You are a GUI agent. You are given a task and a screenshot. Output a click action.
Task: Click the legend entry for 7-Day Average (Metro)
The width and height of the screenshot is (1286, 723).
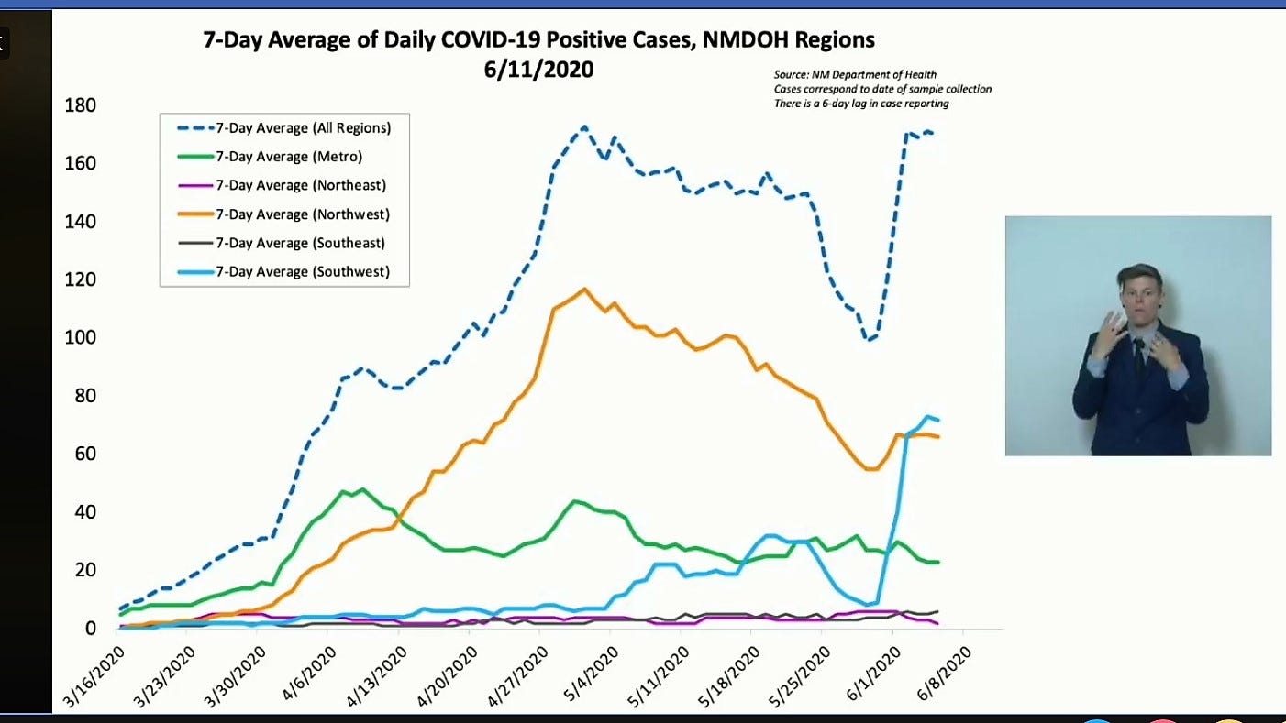click(289, 157)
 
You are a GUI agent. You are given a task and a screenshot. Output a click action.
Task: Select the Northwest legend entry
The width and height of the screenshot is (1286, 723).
click(302, 214)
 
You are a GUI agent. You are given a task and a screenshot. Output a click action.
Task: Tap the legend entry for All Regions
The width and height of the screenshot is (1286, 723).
click(304, 127)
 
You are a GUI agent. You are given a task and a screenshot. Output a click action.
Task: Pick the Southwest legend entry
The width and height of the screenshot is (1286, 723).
click(303, 271)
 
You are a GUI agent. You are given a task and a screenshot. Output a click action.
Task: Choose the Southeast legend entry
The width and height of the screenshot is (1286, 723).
click(300, 243)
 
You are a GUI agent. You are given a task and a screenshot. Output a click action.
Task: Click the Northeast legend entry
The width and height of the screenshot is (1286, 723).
click(300, 185)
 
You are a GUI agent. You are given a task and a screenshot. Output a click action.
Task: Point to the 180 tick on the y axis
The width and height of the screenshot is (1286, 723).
click(81, 105)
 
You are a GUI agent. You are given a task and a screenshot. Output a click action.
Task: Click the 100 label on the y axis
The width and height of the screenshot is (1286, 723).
click(81, 338)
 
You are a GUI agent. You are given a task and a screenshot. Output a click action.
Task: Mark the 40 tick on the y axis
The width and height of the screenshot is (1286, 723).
click(85, 512)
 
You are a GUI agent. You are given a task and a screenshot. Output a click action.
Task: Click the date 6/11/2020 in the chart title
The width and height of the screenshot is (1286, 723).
click(539, 69)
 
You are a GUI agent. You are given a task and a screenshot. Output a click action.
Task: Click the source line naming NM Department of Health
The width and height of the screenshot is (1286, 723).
click(855, 74)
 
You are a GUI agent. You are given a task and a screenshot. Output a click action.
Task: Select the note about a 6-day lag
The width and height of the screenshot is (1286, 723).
click(861, 104)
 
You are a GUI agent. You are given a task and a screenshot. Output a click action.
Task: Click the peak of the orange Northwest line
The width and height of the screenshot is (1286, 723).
click(584, 289)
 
